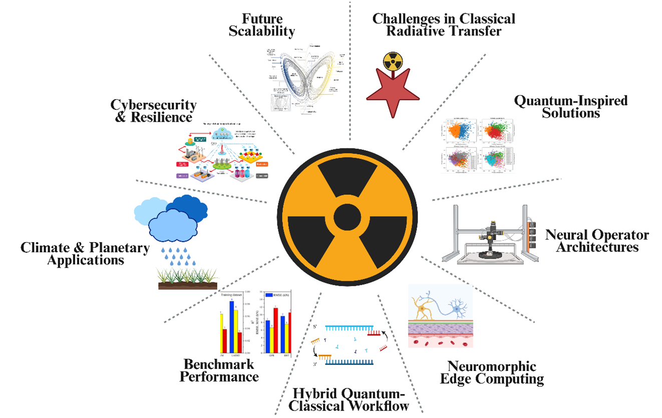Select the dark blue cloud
[x=187, y=205]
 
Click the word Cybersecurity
[x=154, y=105]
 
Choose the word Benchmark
[x=219, y=363]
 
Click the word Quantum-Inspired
[x=570, y=101]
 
